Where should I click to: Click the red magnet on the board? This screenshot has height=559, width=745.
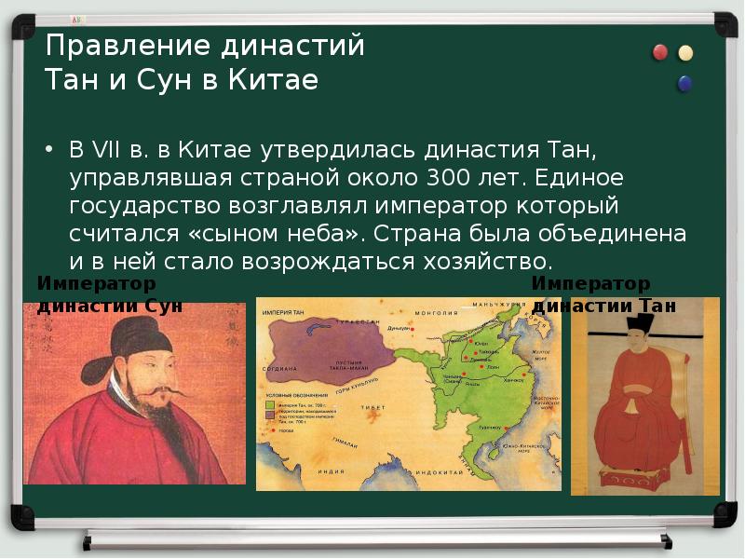pos(660,52)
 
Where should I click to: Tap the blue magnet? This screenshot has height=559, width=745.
pos(685,84)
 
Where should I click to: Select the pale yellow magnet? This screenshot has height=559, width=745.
pos(686,52)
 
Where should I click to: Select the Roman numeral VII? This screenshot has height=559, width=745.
pos(104,150)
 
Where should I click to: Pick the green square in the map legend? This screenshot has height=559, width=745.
pos(268,404)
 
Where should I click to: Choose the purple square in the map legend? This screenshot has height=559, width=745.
pos(268,416)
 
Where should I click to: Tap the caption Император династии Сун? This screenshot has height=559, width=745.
pos(109,294)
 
